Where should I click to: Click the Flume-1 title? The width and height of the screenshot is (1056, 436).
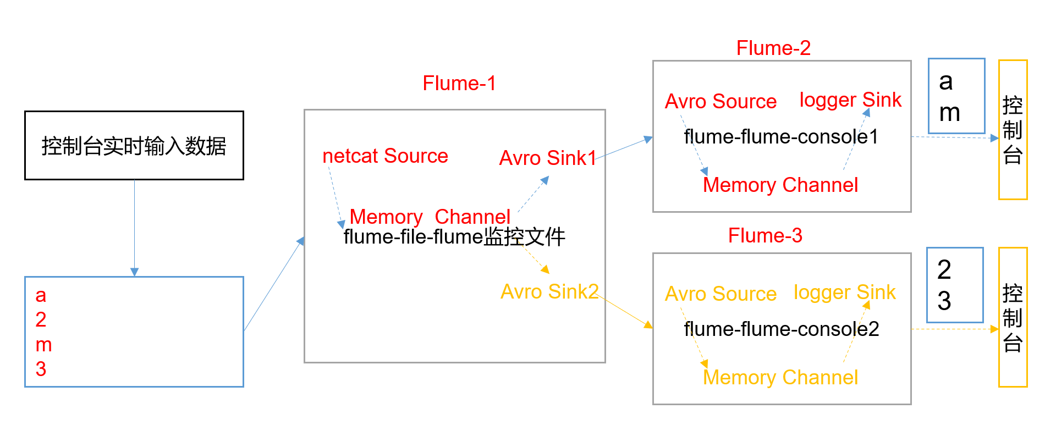(459, 84)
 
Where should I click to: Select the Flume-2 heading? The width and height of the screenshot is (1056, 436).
(773, 48)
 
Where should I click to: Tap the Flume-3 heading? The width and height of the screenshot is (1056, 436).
(765, 236)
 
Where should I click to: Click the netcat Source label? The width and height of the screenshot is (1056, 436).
(385, 156)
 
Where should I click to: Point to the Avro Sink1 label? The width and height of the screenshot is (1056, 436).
(547, 158)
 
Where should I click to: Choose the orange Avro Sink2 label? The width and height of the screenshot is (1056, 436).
(549, 292)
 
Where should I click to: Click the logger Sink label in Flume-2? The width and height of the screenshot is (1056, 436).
(850, 100)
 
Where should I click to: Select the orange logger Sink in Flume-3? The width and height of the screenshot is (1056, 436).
(844, 292)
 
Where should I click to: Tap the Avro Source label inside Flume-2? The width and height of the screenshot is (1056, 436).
(721, 102)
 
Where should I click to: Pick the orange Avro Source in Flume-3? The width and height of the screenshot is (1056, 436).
(721, 294)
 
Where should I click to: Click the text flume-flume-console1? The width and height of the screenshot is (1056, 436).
(781, 137)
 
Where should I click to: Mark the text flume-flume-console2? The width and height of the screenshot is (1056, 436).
(781, 329)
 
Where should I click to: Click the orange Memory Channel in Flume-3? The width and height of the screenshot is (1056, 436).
(780, 378)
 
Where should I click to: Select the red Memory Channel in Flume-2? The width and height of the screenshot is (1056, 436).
(780, 185)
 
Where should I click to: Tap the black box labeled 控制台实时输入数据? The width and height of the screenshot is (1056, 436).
(134, 146)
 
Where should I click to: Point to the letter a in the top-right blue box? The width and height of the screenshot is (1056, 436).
(946, 82)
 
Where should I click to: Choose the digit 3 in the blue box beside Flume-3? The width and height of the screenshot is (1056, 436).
(944, 301)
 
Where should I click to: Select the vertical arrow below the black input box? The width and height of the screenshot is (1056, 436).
(134, 228)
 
